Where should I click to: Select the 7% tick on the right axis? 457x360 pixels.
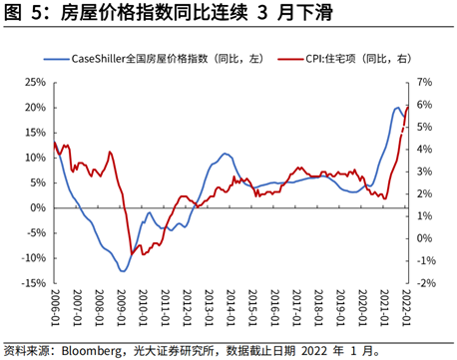tap(423, 82)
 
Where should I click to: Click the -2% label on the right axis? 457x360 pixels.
tap(425, 283)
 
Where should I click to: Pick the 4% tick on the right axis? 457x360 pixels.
tap(423, 149)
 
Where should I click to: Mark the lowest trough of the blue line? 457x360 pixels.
tap(122, 270)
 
